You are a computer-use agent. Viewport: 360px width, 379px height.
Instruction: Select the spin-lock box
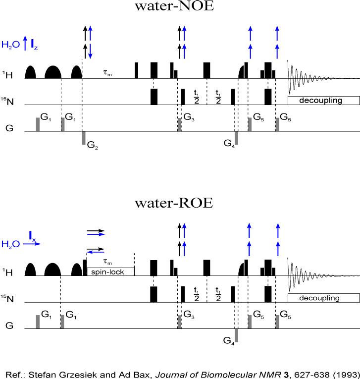(110, 271)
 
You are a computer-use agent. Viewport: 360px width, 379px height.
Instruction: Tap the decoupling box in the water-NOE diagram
(323, 100)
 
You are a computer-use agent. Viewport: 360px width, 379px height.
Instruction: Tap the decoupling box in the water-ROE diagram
(323, 298)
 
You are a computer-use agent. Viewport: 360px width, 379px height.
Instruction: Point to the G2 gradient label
(93, 145)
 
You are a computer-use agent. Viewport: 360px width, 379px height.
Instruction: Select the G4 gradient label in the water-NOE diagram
(229, 144)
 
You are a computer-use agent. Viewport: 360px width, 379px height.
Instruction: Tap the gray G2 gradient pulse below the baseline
(83, 137)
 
